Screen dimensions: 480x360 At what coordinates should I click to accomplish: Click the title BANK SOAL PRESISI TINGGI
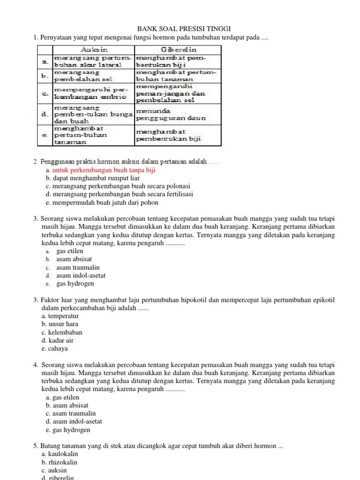tap(180, 29)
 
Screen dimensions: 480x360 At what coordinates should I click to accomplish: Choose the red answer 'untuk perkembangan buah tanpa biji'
tap(104, 170)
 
